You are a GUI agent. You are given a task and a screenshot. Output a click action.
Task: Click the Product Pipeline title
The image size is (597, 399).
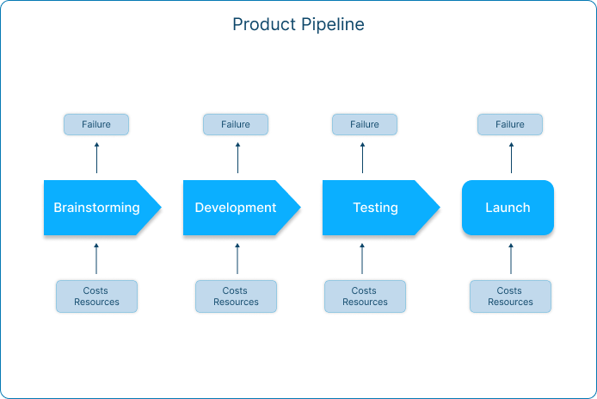click(298, 24)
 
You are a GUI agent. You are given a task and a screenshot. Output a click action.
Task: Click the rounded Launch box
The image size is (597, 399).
click(508, 208)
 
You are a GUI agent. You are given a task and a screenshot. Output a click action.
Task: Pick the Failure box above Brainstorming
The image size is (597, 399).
click(96, 124)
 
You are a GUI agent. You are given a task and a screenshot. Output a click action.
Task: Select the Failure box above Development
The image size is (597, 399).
click(236, 124)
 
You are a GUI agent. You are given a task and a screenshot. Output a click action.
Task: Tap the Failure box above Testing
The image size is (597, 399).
click(365, 124)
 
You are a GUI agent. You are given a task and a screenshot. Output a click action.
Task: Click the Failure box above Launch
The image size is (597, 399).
click(510, 124)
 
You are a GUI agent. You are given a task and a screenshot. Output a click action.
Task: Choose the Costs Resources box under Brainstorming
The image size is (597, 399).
click(96, 296)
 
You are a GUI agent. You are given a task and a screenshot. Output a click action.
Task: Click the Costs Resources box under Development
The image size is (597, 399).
click(236, 296)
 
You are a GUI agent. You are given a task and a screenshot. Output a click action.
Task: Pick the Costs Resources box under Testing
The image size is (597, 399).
click(365, 296)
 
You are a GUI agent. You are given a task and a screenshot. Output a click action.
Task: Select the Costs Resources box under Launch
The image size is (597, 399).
click(511, 296)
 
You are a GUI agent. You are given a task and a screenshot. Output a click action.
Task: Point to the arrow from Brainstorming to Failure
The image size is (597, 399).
click(96, 158)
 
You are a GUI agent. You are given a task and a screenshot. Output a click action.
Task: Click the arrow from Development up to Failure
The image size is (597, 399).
click(238, 158)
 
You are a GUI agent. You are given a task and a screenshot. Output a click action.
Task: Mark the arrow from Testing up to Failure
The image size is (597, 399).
click(362, 158)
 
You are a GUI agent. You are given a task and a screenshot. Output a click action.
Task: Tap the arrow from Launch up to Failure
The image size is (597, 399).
click(511, 158)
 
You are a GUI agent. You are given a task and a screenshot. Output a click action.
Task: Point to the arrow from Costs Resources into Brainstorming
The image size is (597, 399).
click(96, 259)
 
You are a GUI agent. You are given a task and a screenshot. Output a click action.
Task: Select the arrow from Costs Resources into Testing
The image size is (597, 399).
click(362, 259)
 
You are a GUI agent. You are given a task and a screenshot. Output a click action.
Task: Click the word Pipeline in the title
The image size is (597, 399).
click(333, 24)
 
